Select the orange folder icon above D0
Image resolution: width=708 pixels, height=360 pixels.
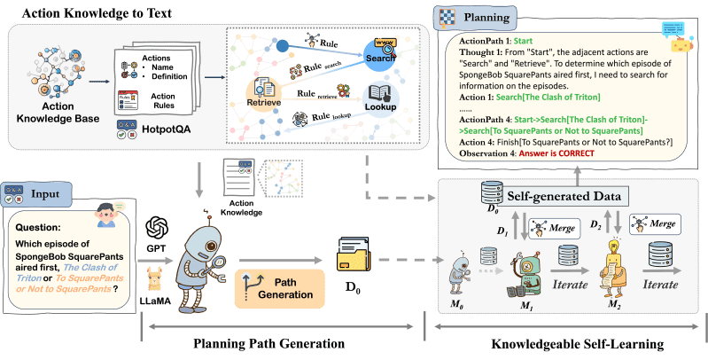point(353,257)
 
